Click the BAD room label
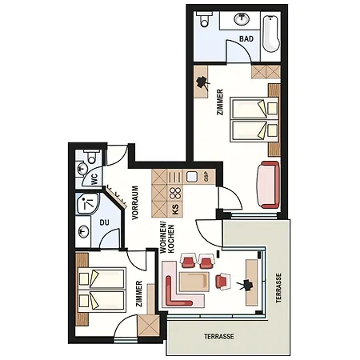246,39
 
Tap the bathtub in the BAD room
271,34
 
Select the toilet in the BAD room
204,19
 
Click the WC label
94,179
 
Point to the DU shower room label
105,222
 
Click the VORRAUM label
135,202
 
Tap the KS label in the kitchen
175,210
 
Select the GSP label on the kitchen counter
206,178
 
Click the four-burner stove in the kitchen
175,193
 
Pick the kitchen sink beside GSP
192,177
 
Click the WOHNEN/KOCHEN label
167,239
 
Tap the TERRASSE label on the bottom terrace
219,337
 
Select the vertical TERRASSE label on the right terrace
278,288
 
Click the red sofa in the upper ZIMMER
268,185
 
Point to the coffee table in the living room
194,282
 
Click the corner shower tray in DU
88,203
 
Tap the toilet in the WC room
91,157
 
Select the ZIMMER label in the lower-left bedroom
139,294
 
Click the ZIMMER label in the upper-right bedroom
220,102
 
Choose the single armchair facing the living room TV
223,282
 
